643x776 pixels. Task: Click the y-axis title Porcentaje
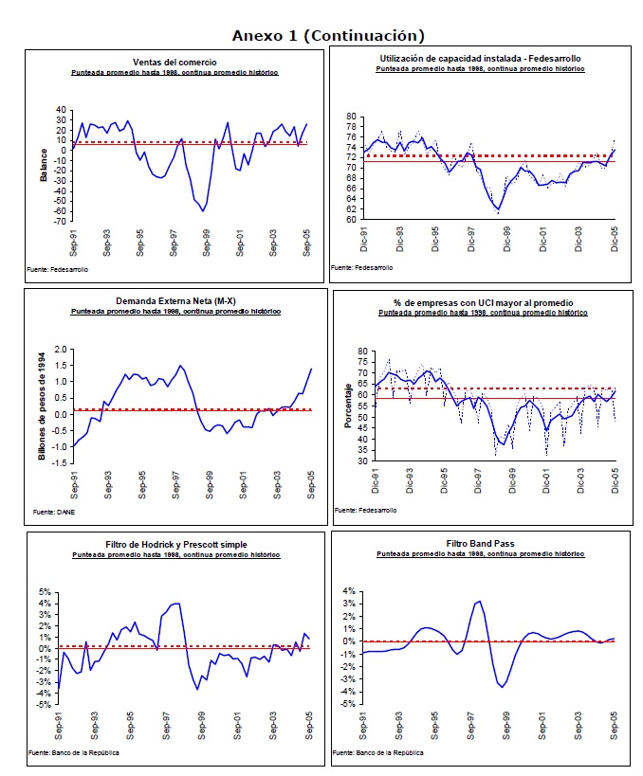point(348,406)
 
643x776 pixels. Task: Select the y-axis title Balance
point(43,163)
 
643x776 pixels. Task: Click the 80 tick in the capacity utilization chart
point(351,117)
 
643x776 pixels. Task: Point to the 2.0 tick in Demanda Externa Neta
point(61,350)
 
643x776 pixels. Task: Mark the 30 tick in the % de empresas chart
point(360,461)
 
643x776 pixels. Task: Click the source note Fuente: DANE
point(53,512)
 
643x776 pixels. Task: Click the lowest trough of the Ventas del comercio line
point(202,210)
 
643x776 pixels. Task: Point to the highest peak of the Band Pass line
point(479,601)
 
